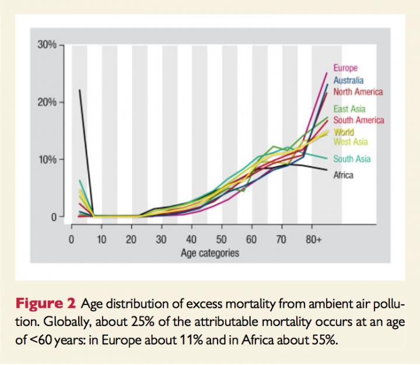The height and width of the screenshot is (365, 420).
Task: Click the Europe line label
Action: pos(345,68)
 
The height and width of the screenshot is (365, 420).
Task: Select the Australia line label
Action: pos(349,80)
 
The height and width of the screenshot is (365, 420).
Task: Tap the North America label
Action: pos(358,92)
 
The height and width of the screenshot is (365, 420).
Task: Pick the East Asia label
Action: pos(349,108)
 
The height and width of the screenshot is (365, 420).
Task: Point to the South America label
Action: pos(359,120)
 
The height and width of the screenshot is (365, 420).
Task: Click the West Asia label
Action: pos(351,142)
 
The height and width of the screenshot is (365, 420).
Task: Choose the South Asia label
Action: pos(352,159)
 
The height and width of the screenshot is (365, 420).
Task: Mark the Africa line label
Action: pos(344,174)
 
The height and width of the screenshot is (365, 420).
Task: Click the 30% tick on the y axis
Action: pos(47,45)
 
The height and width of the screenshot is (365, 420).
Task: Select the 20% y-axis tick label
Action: pos(47,102)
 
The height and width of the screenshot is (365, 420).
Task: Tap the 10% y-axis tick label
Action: pos(47,159)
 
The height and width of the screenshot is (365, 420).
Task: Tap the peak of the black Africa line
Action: pos(79,90)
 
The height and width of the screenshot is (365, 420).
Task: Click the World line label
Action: pos(344,132)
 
